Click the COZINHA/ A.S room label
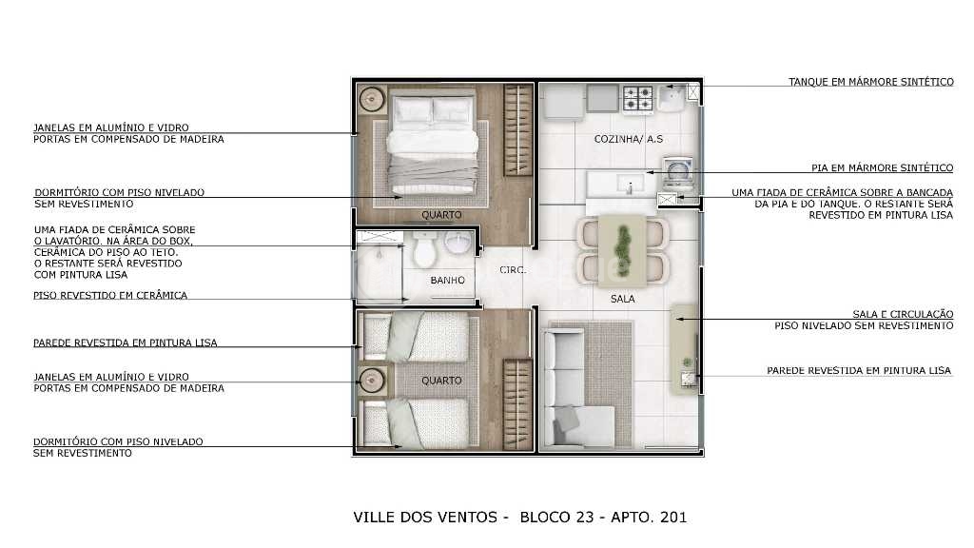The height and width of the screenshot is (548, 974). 628,139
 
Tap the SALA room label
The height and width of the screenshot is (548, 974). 622,299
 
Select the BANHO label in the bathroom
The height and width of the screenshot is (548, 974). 447,281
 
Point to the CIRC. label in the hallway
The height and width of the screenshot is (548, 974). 513,269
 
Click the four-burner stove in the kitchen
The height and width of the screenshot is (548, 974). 638,99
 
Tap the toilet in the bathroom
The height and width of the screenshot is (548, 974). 425,249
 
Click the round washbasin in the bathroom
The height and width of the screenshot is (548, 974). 458,244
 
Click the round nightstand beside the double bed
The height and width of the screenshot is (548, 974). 372,99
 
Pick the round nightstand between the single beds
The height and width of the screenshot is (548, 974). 372,380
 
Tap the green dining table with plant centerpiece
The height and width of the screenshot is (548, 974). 622,251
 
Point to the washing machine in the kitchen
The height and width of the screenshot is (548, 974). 678,174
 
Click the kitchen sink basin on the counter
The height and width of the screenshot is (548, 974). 630,185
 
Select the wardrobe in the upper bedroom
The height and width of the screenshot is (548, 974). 517,130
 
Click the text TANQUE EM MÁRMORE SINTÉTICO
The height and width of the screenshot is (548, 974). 871,82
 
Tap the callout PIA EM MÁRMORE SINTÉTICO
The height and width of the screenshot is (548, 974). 882,167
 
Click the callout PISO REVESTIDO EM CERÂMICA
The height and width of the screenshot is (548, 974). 110,295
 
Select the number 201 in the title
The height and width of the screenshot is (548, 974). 673,517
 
